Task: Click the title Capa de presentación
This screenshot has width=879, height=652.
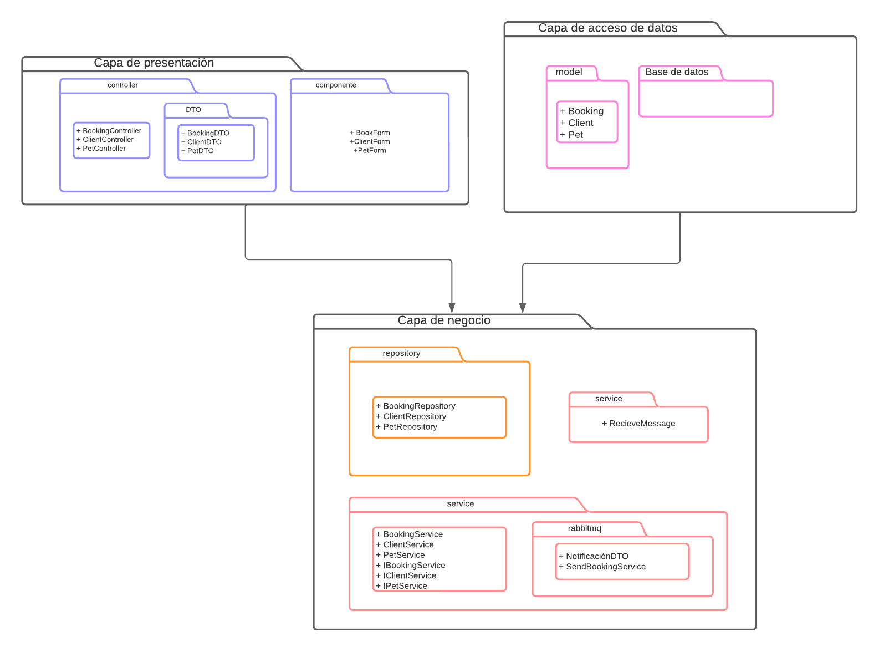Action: tap(154, 63)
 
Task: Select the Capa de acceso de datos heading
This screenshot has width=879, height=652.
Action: tap(607, 28)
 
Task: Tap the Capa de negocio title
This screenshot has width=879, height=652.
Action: tap(444, 320)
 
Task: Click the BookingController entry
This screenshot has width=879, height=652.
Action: tap(111, 131)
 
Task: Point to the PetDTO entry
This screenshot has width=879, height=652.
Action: tap(200, 151)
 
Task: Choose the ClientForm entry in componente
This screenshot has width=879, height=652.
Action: tap(370, 141)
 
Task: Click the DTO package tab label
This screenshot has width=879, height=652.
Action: tap(193, 110)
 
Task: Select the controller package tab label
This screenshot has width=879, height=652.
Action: tap(122, 85)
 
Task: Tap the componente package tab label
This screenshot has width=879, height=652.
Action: tap(336, 85)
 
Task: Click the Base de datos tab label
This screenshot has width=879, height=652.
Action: tap(677, 72)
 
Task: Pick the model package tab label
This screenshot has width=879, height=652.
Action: tap(569, 72)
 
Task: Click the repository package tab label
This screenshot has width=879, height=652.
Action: tap(401, 353)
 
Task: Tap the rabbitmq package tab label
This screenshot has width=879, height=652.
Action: tap(584, 528)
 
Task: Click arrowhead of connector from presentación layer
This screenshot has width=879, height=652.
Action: tap(452, 308)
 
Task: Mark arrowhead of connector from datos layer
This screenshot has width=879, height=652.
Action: tap(522, 308)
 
